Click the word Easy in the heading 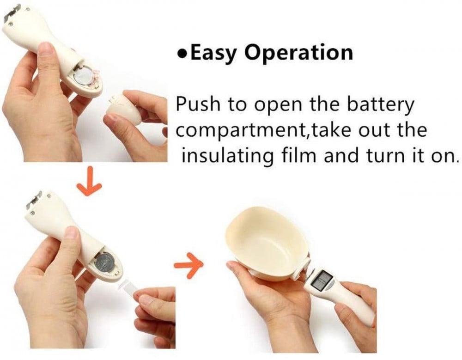[213, 53]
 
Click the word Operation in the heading [299, 53]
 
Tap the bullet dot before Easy [182, 54]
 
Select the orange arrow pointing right [188, 265]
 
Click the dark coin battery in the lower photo [105, 264]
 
